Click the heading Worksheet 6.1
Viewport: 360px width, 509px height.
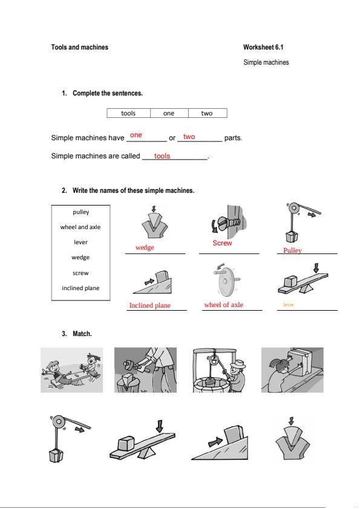point(263,47)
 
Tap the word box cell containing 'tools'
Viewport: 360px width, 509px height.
point(129,113)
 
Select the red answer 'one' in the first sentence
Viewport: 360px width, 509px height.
point(136,135)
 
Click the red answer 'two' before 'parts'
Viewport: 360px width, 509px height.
point(189,137)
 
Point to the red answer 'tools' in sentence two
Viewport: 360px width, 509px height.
point(162,156)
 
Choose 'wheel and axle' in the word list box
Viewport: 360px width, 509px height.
point(80,227)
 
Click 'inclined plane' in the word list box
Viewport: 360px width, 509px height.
point(80,288)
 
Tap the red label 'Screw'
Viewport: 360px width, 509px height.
point(222,243)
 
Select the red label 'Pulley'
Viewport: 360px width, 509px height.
point(292,250)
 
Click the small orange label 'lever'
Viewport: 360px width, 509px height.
point(289,305)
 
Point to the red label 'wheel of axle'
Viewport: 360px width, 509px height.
point(223,305)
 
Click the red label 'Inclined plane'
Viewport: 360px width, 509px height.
point(150,305)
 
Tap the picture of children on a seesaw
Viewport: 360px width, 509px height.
point(72,370)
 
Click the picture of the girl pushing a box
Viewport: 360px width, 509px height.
point(292,370)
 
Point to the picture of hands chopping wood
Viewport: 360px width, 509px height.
point(146,370)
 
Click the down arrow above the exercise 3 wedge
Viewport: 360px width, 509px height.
point(291,421)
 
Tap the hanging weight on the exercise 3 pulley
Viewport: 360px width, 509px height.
point(56,455)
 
